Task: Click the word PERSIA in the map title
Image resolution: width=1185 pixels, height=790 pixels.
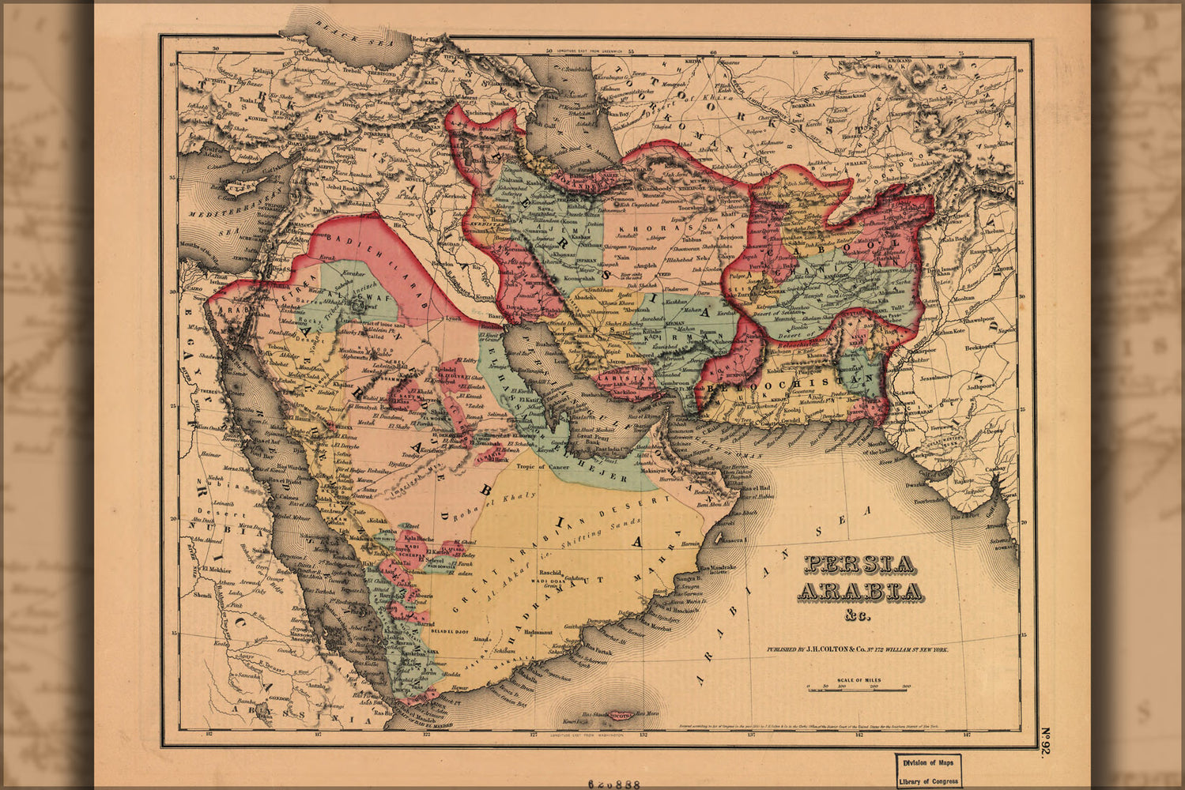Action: [x=859, y=564]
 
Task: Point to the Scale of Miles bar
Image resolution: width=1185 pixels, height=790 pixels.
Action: [x=856, y=690]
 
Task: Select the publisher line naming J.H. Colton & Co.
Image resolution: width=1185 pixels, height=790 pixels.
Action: [x=856, y=649]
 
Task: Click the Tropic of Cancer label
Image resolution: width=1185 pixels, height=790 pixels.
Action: [x=542, y=467]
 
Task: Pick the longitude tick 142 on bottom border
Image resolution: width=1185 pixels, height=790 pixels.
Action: [x=859, y=735]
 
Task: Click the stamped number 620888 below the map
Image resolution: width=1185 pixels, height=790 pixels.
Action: [x=613, y=784]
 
